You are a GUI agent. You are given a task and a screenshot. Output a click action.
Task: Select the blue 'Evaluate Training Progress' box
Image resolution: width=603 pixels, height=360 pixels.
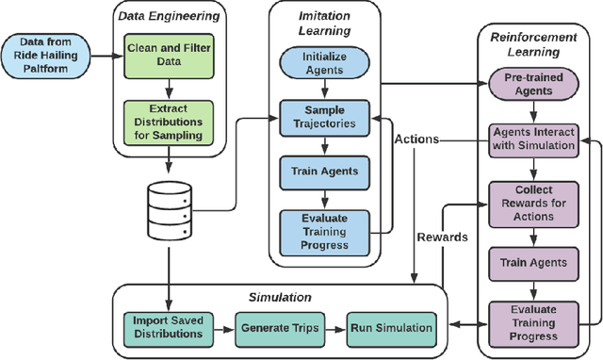pyautogui.click(x=324, y=232)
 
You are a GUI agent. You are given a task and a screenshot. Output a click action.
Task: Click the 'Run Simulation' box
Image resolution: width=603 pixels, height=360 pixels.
pyautogui.click(x=393, y=327)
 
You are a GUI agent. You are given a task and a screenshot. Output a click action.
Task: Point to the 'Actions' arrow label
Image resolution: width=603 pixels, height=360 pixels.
pyautogui.click(x=416, y=139)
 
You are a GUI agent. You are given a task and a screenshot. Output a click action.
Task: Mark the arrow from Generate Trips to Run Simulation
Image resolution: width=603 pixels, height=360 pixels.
pyautogui.click(x=334, y=327)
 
